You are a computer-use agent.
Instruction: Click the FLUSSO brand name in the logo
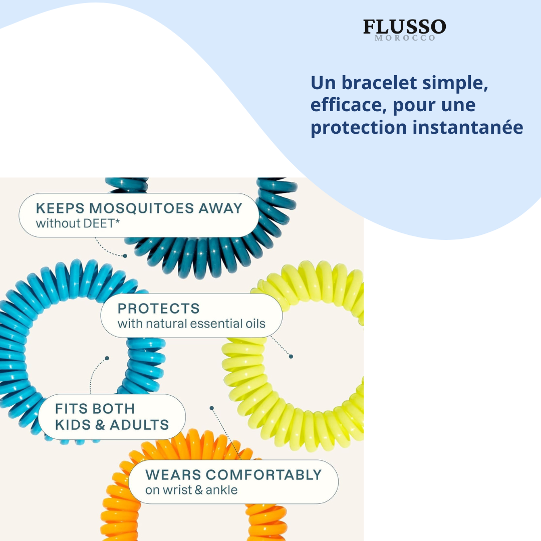coord(404,27)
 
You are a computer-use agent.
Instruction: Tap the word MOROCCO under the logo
coord(405,38)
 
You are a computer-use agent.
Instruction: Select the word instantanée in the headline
coord(468,127)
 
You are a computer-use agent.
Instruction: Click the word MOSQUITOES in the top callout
coord(141,208)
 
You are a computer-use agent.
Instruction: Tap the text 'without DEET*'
coord(78,223)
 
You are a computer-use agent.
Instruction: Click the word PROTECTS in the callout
coord(158,309)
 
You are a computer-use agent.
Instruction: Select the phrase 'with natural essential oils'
coord(191,324)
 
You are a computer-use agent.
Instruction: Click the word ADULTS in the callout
coord(139,425)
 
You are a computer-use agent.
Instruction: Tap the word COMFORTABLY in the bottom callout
coord(263,475)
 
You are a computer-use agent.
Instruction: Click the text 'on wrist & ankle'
coord(191,490)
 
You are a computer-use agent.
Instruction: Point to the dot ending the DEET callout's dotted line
coord(125,256)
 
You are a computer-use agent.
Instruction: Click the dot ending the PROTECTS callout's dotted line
coord(291,357)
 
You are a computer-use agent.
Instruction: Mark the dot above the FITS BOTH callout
coord(107,358)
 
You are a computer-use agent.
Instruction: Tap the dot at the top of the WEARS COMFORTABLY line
coord(211,408)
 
